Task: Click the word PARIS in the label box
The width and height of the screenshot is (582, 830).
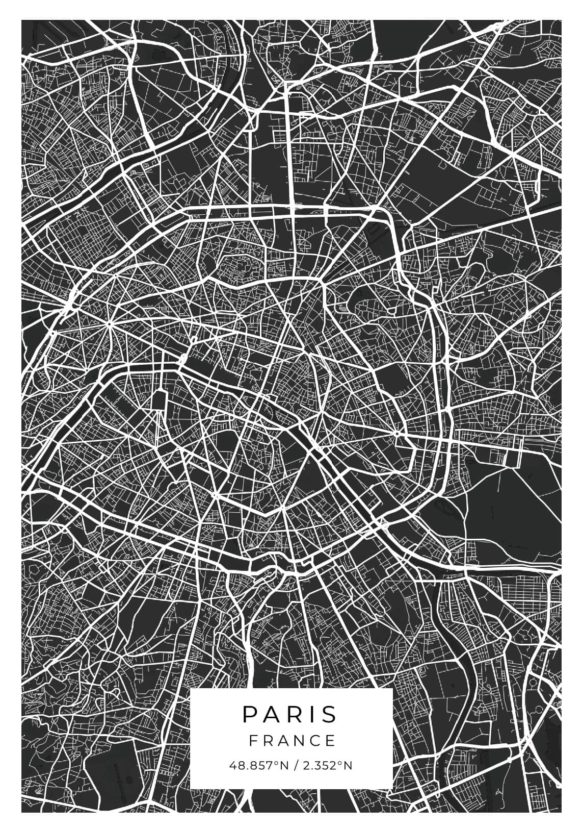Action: click(x=289, y=714)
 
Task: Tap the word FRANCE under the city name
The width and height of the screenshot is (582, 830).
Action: click(x=293, y=740)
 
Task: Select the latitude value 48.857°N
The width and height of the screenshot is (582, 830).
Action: click(x=258, y=766)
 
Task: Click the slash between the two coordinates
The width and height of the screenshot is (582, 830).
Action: click(x=295, y=766)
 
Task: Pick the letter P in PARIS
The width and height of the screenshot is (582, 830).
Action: click(x=249, y=714)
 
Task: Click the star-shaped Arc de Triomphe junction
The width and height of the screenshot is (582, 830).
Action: click(x=109, y=323)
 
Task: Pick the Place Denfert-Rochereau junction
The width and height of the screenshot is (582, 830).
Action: click(x=215, y=494)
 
